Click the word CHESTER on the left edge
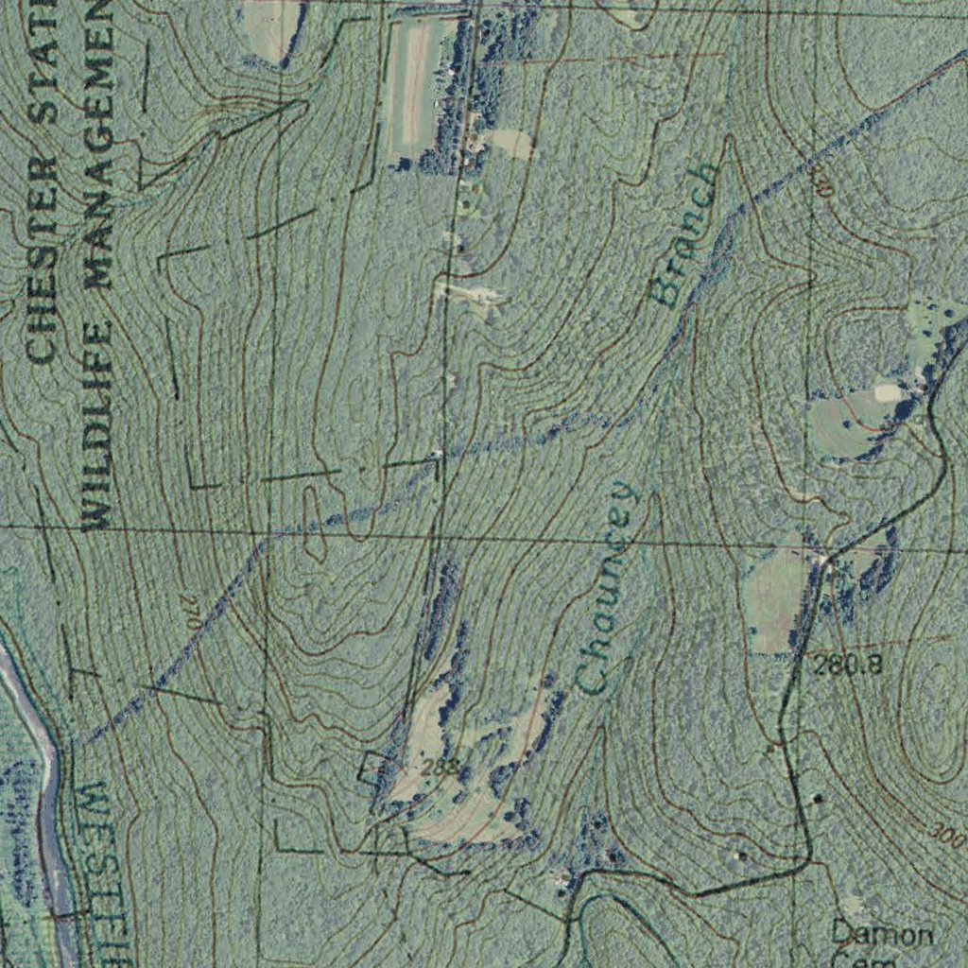(x=43, y=261)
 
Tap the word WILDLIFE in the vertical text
(x=98, y=425)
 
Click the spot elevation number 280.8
(x=848, y=665)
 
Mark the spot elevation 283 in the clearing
(x=439, y=767)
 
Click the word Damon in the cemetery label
(x=880, y=934)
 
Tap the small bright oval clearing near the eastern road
(x=887, y=391)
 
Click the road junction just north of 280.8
(x=826, y=558)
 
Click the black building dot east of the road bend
(x=818, y=799)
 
